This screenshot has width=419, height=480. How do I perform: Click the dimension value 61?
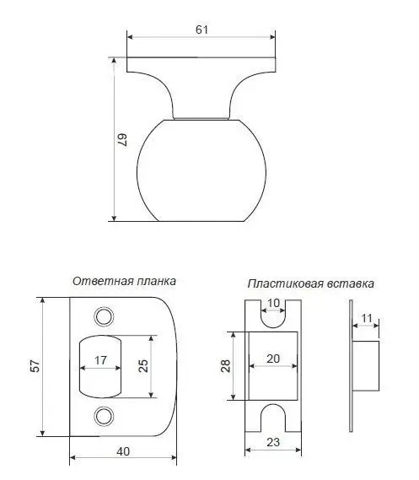point(201,30)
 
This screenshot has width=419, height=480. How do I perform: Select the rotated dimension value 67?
point(122,140)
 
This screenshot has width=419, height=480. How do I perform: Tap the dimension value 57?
point(35,366)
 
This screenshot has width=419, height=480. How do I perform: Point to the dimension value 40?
point(123,451)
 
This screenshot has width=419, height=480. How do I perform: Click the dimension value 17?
point(100,360)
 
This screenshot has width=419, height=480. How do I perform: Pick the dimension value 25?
point(143,366)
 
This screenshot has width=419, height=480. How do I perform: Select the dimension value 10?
point(273,303)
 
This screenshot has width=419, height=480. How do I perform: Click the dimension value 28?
point(225,366)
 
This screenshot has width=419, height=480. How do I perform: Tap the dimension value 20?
point(273,359)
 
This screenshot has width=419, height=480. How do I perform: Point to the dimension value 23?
point(273,442)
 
